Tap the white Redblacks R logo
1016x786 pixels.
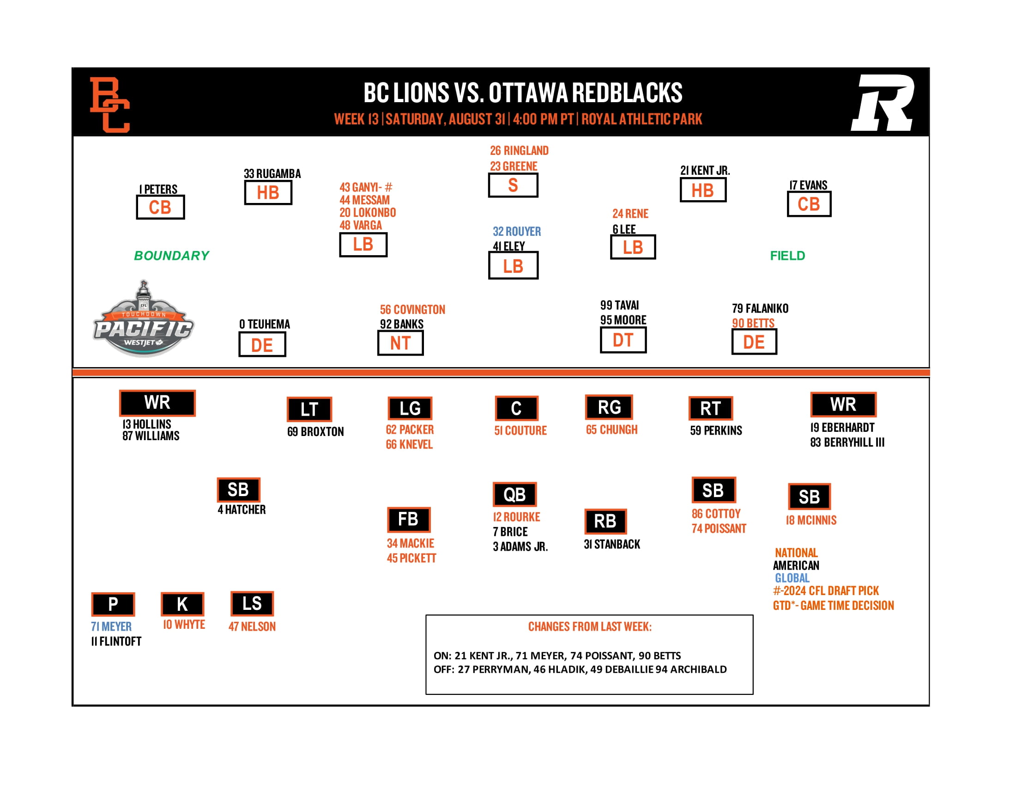coord(883,103)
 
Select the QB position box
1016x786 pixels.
coord(514,494)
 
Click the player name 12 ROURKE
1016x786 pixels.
coord(516,517)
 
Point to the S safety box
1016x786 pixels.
coord(513,185)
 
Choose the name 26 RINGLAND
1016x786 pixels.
coord(519,150)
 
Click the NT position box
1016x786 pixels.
coord(400,343)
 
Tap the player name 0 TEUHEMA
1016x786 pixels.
coord(264,324)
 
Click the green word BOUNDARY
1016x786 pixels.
coord(172,256)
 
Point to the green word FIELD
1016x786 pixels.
coord(787,256)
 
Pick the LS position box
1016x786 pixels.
coord(252,603)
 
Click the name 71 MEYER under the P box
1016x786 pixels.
coord(111,626)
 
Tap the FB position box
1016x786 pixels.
coord(408,519)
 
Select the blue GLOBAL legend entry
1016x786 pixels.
coord(792,578)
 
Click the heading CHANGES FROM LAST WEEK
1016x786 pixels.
coord(589,626)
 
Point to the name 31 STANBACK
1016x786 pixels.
coord(612,544)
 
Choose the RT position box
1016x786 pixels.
coord(710,408)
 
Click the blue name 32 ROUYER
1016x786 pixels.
coord(516,232)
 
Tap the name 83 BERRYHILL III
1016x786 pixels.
coord(847,442)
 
